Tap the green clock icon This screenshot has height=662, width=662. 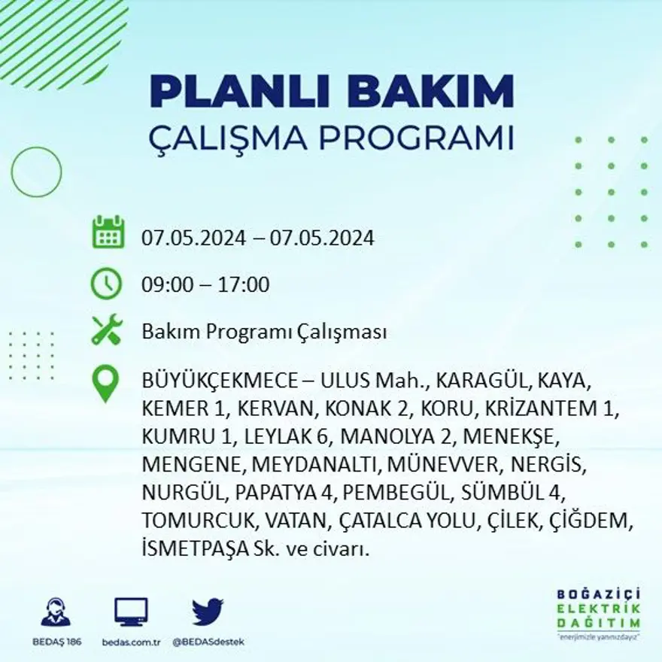(106, 284)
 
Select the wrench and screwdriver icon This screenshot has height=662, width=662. (106, 331)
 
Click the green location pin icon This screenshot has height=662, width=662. (105, 383)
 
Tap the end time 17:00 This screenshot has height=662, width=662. (244, 285)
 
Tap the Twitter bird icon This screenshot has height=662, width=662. (208, 612)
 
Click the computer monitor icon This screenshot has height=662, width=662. (132, 612)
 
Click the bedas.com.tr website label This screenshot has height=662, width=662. (132, 642)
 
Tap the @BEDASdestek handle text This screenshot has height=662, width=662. (208, 642)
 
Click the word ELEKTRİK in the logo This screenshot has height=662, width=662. (599, 609)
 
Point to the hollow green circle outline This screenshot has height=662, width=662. (36, 172)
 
